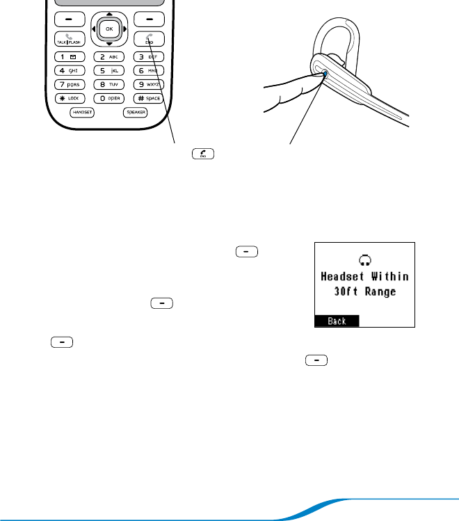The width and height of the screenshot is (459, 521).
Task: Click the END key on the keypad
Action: (149, 39)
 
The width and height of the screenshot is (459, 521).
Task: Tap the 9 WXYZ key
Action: (149, 84)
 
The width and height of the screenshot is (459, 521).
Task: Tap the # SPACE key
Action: (149, 98)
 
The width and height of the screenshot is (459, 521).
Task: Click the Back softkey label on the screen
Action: (337, 321)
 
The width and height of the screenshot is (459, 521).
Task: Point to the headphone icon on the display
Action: (365, 260)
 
